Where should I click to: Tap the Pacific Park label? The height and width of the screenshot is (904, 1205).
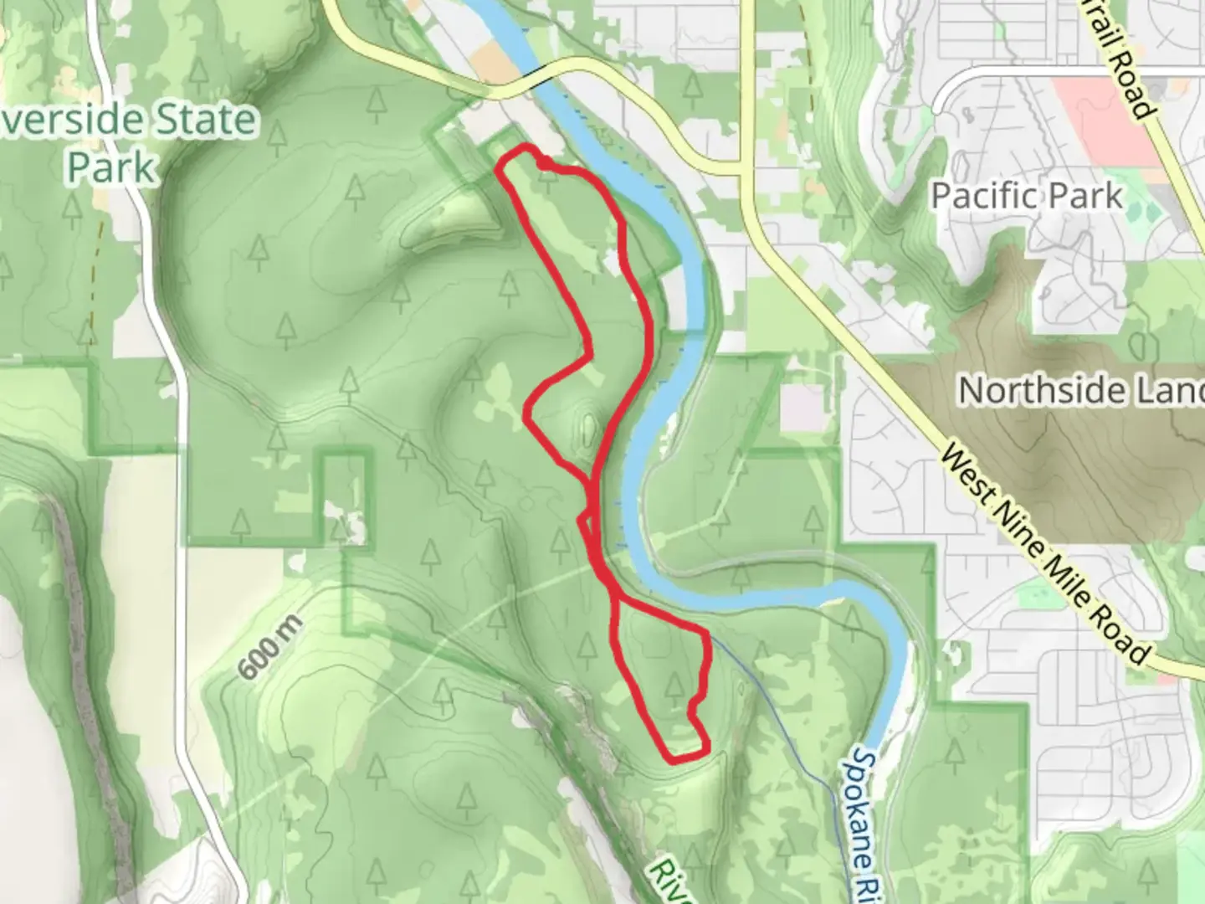[x=1027, y=196]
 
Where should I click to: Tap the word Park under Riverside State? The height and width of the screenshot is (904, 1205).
[x=111, y=167]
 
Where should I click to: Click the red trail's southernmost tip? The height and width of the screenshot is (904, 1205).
[x=674, y=760]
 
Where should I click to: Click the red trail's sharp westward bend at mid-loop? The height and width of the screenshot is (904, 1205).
[x=527, y=413]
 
